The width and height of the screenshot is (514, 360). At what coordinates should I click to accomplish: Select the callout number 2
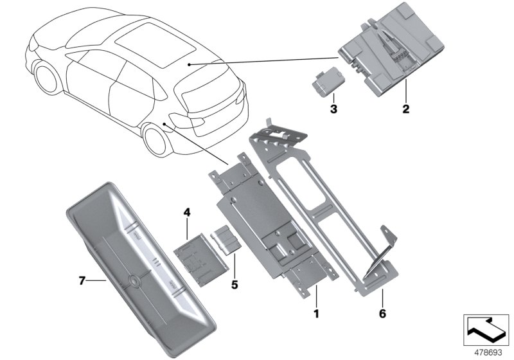[x=405, y=109]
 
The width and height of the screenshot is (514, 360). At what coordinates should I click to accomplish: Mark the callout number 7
[x=82, y=280]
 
